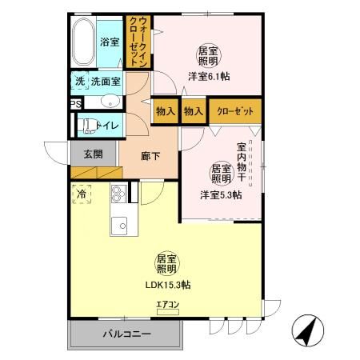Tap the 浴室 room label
pos(110,43)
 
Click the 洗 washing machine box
pos(79,81)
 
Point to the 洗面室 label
pos(106,81)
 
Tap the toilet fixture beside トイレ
pos(85,125)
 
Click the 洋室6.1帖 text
pos(210,76)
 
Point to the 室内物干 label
pos(242,155)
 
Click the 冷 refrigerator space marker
pos(82,194)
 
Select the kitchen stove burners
pos(118,194)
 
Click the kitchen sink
pos(119,225)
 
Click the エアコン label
pos(168,305)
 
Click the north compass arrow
pos(307,329)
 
